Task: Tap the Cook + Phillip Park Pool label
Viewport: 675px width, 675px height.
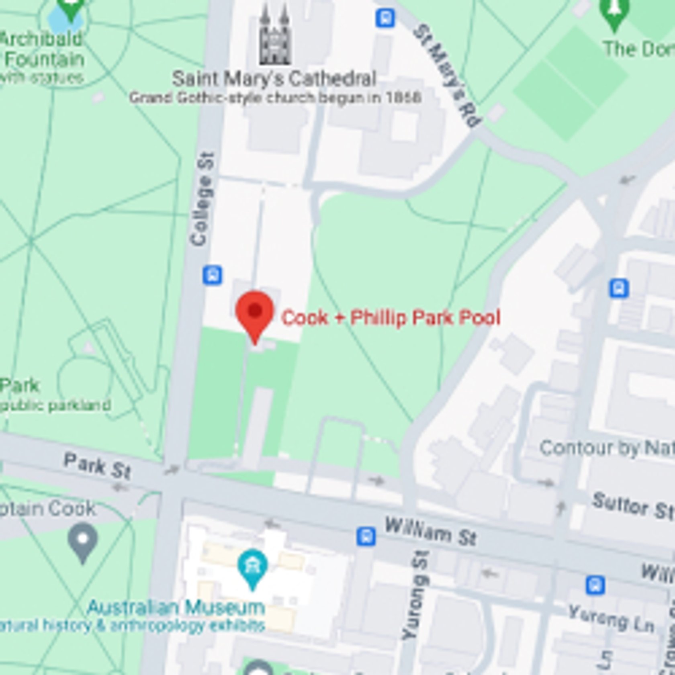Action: pyautogui.click(x=391, y=317)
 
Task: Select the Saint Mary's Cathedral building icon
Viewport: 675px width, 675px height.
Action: pyautogui.click(x=274, y=36)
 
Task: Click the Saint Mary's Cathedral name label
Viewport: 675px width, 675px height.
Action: pyautogui.click(x=274, y=78)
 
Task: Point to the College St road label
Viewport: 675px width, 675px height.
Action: pyautogui.click(x=202, y=199)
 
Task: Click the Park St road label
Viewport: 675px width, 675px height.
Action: pyautogui.click(x=97, y=466)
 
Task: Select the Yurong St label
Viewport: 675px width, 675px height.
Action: pyautogui.click(x=416, y=595)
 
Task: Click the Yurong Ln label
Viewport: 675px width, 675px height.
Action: pyautogui.click(x=611, y=619)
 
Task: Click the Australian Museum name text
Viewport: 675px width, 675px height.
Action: pyautogui.click(x=176, y=607)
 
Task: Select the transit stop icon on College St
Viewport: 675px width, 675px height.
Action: pyautogui.click(x=213, y=275)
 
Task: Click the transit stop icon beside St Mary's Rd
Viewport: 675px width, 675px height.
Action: pyautogui.click(x=385, y=18)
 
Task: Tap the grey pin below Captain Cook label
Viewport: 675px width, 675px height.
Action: pyautogui.click(x=83, y=540)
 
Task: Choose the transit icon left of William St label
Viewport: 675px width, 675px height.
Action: pyautogui.click(x=366, y=536)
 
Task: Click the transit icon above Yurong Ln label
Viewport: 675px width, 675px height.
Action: pyautogui.click(x=595, y=585)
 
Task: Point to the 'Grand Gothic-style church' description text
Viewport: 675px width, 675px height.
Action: pyautogui.click(x=275, y=98)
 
